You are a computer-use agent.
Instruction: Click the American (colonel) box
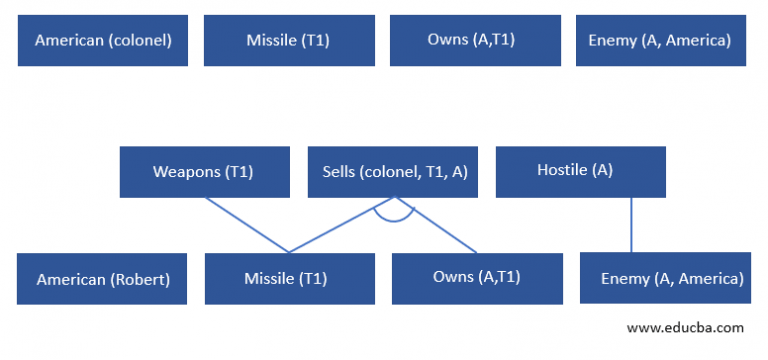coord(103,41)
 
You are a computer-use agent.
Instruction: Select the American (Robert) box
coord(103,279)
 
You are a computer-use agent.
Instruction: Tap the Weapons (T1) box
coord(204,172)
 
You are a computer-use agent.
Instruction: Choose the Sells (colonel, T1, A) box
coord(393,172)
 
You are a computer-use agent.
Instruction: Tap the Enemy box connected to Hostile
coord(665,279)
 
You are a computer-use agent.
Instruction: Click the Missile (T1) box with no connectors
coord(289,41)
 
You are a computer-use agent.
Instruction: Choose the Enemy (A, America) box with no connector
coord(661,41)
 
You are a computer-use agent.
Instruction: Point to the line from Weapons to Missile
coord(247,225)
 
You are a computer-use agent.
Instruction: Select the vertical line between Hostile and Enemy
coord(631,225)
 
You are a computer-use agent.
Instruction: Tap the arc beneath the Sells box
coord(393,219)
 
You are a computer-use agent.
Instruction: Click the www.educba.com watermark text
coord(684,327)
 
